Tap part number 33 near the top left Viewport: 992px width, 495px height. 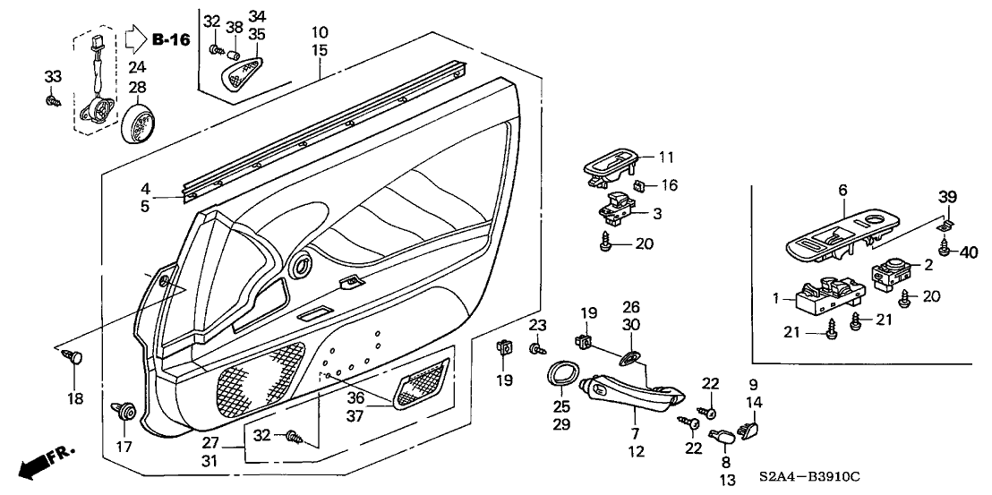pyautogui.click(x=53, y=77)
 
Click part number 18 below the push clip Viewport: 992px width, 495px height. pyautogui.click(x=76, y=398)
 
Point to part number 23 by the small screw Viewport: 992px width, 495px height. pyautogui.click(x=536, y=324)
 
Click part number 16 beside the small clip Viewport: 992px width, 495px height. pyautogui.click(x=669, y=185)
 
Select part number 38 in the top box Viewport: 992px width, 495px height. pyautogui.click(x=234, y=28)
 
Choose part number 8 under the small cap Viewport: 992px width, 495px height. pyautogui.click(x=724, y=463)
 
